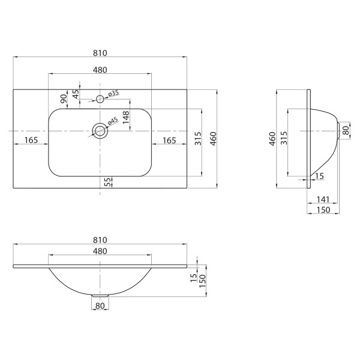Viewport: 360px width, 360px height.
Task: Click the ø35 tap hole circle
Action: click(100, 98)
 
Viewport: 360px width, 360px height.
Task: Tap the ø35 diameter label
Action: click(114, 93)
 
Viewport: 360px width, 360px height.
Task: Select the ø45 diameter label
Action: click(112, 122)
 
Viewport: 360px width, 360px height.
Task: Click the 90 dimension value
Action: click(63, 98)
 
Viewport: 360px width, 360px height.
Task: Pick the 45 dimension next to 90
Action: click(76, 94)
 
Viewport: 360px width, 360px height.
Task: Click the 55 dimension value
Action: click(107, 182)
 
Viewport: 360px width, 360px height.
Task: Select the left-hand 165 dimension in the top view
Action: click(31, 140)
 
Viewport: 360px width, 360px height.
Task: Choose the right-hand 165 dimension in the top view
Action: click(169, 140)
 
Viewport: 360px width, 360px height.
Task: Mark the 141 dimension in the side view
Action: click(322, 199)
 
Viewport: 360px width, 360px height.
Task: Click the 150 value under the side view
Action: click(323, 209)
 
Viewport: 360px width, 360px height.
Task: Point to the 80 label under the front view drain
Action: click(100, 307)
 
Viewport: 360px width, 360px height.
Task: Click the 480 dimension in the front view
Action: click(100, 250)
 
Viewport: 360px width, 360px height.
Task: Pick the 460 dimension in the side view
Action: click(272, 139)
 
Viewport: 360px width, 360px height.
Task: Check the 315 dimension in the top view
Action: click(197, 142)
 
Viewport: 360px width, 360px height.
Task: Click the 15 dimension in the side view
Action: click(319, 175)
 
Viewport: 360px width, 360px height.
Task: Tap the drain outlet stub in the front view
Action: click(100, 296)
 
